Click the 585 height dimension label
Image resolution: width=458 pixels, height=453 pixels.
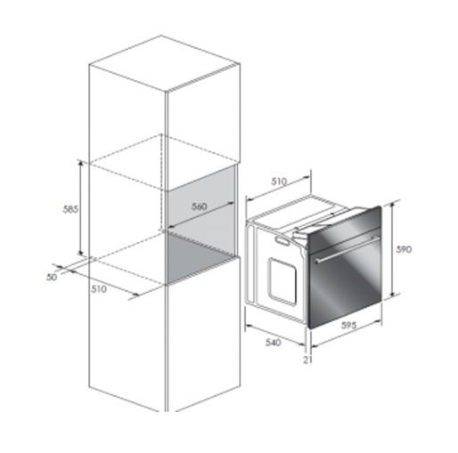coord(70,209)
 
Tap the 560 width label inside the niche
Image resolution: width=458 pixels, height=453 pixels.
coord(199,206)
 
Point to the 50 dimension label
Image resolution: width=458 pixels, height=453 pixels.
coord(52,277)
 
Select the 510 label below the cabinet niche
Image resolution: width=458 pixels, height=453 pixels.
coord(99,289)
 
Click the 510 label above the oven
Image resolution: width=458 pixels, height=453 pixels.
coord(280,181)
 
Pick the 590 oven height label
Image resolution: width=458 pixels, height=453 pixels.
coord(404,249)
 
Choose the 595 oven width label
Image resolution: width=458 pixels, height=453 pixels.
coord(348,326)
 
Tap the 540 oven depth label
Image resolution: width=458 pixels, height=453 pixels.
coord(273,343)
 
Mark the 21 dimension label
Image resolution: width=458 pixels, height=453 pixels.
coord(308,360)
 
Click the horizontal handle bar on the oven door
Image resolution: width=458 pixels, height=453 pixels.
coord(347,249)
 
